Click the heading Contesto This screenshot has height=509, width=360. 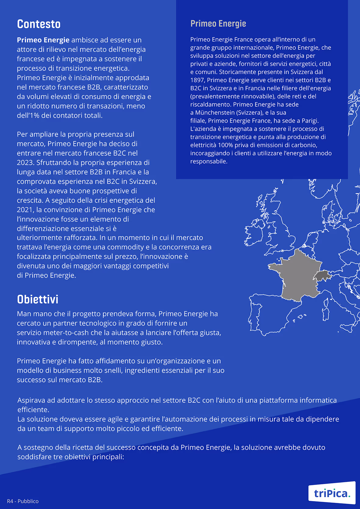pyautogui.click(x=39, y=24)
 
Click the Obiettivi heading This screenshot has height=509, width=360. pyautogui.click(x=37, y=299)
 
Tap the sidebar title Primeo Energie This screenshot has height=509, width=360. pyautogui.click(x=218, y=23)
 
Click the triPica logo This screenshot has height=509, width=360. pyautogui.click(x=332, y=493)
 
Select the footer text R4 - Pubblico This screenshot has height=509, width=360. pyautogui.click(x=23, y=501)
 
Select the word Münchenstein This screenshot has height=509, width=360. pyautogui.click(x=215, y=112)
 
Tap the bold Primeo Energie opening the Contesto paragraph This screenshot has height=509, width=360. pyautogui.click(x=43, y=40)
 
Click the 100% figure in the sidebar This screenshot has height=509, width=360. pyautogui.click(x=225, y=145)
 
